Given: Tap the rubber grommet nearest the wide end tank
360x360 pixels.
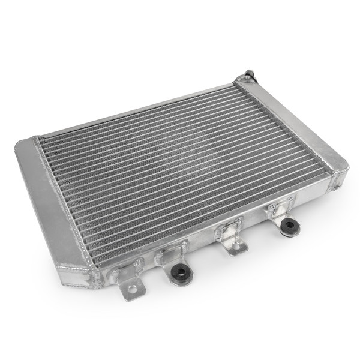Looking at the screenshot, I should pos(179,273).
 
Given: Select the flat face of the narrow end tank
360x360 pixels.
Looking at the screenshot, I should pos(294,126).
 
